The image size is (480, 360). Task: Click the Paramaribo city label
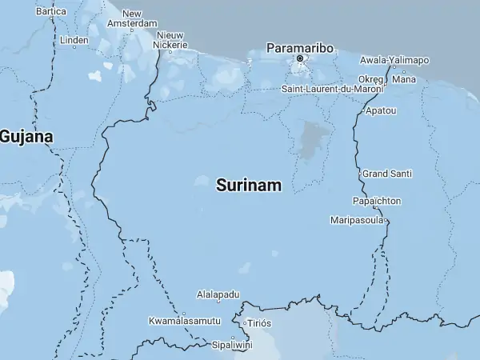point(299,47)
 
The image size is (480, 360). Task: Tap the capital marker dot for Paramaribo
point(300,58)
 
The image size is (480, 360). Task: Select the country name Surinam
point(249,186)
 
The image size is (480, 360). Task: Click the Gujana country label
point(26,137)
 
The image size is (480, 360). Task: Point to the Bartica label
point(51,12)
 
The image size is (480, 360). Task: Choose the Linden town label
point(74,39)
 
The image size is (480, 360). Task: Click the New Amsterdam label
point(132,19)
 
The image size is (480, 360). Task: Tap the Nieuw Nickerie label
point(172,40)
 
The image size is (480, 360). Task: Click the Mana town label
point(405,79)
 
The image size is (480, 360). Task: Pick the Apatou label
point(380,110)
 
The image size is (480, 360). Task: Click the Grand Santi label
point(386,174)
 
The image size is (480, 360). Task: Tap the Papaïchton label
point(377,201)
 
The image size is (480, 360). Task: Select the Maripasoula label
point(357,220)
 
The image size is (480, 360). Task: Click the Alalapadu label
point(218,294)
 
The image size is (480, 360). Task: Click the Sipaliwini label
point(231,345)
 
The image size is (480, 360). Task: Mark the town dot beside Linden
point(74,46)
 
